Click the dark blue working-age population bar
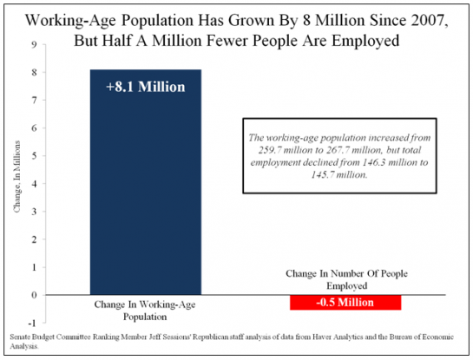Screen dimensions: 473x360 pos(146,182)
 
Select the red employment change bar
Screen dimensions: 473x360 pos(345,303)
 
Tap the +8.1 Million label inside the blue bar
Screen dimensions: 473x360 pos(146,87)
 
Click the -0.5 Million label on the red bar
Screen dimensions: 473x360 pos(345,302)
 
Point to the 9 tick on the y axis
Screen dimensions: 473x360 pos(34,44)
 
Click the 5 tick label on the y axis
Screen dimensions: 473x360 pos(34,156)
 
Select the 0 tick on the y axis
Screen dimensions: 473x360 pos(34,295)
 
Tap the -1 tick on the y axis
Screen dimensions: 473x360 pos(32,323)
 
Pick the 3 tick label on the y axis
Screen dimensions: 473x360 pos(34,212)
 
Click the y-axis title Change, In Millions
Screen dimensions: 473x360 pos(16,176)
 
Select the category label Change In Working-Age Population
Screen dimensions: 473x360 pos(145,311)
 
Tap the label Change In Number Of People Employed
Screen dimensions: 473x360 pos(346,279)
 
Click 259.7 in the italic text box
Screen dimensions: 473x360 pos(269,150)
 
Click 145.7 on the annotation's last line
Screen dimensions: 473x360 pos(323,174)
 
